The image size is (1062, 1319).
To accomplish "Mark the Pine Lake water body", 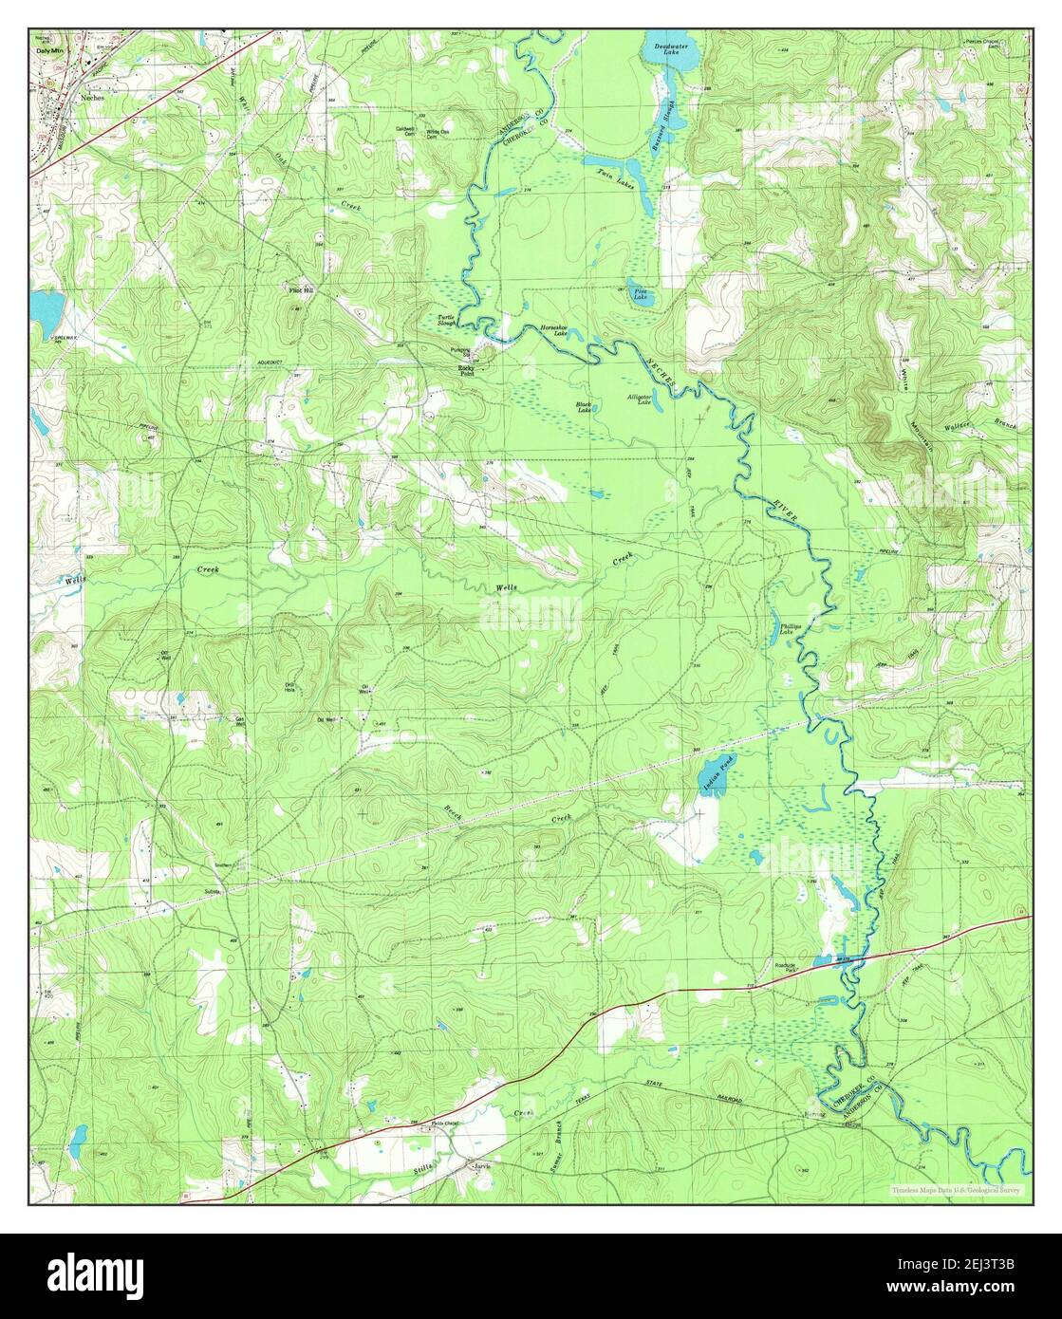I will pyautogui.click(x=641, y=294).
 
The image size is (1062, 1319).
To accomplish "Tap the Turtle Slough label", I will pyautogui.click(x=446, y=321).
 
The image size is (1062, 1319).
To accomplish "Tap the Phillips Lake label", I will pyautogui.click(x=791, y=629).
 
